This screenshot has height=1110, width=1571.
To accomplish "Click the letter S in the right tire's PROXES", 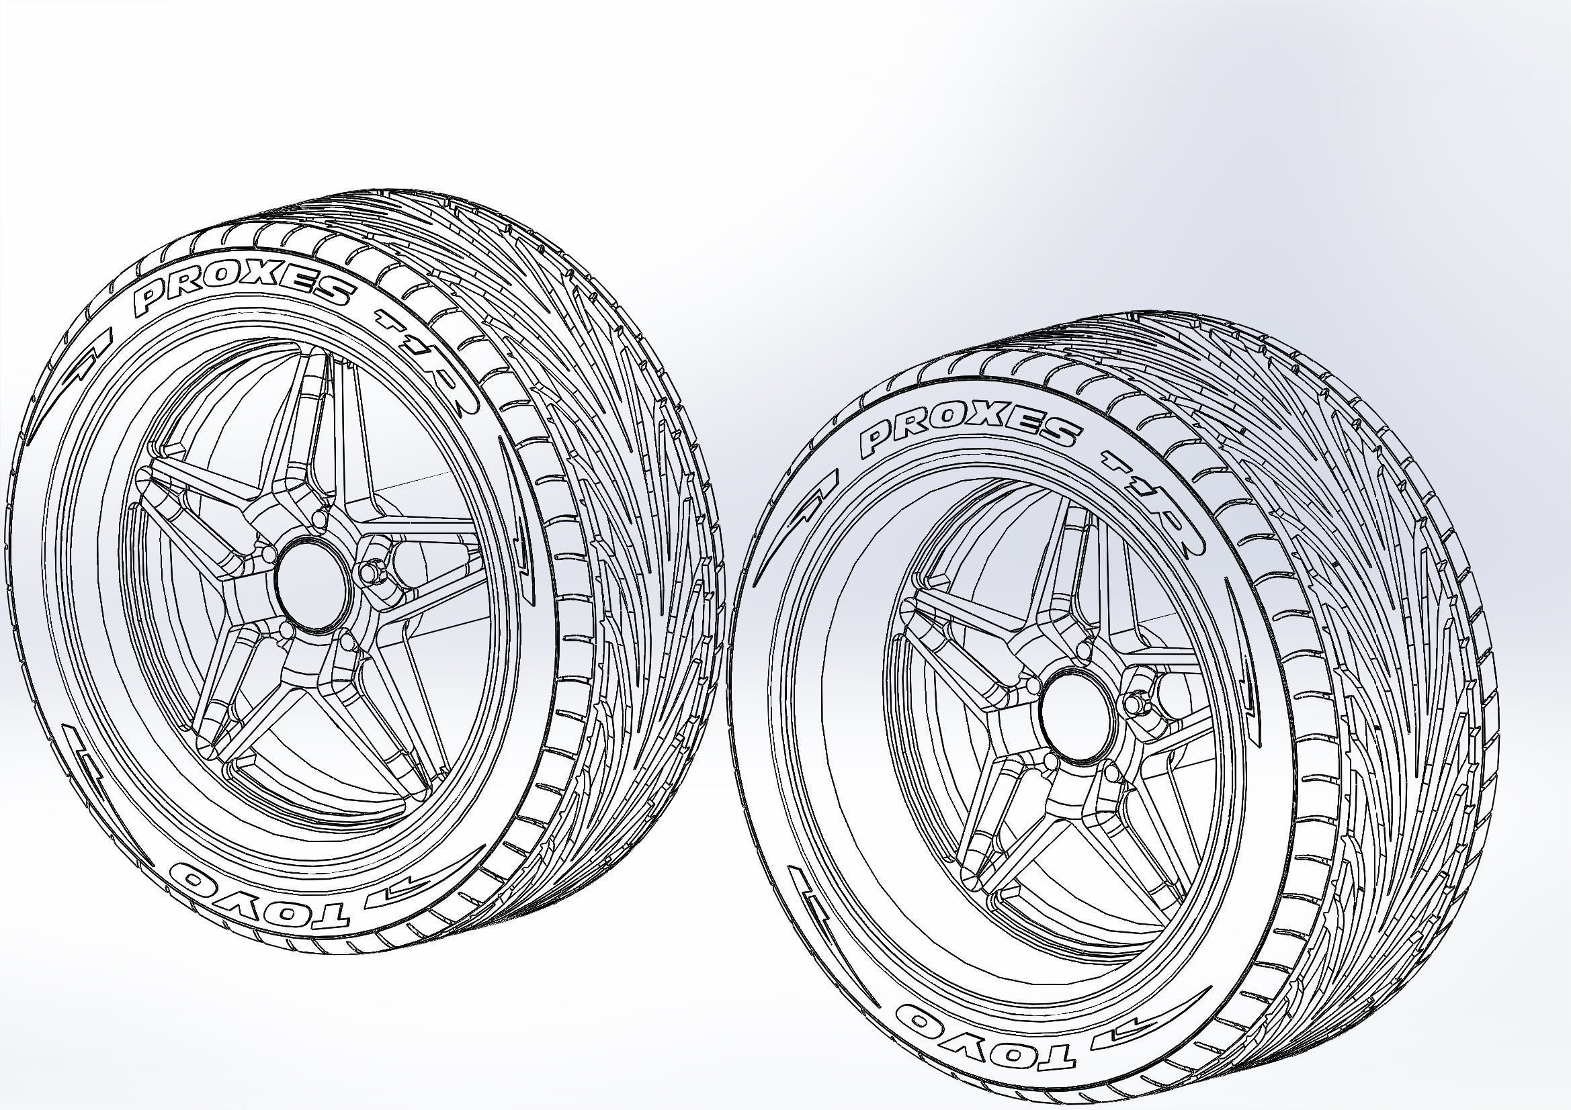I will click(x=1063, y=431).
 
